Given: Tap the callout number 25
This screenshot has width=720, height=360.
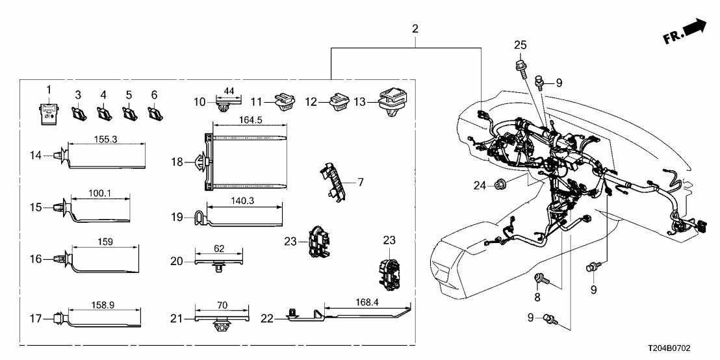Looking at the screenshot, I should point(520,45).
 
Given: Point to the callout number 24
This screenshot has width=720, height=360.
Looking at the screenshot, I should point(478,185).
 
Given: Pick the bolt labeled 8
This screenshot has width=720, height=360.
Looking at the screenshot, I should point(540,280).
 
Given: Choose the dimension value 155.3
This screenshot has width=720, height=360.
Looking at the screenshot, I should point(105,138).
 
